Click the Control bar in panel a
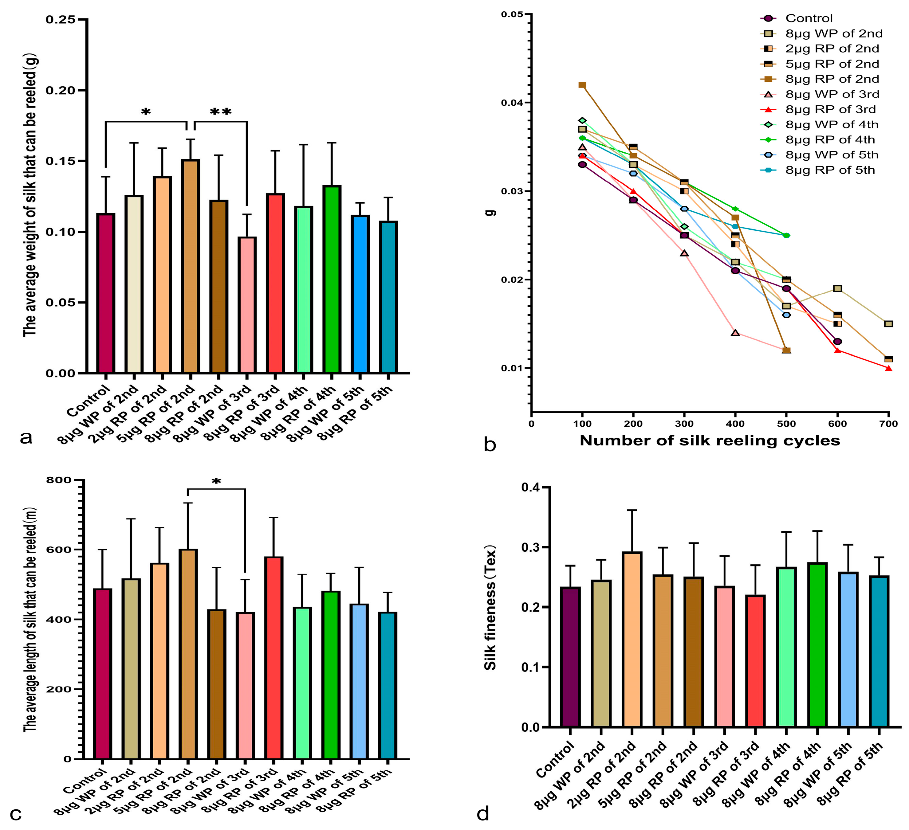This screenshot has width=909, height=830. coord(105,293)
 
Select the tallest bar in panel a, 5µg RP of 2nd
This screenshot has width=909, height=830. coord(190,266)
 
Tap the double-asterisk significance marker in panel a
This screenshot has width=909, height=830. coord(220,111)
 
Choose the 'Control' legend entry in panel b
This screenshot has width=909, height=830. coord(809,18)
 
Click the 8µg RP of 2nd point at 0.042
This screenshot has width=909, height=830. coord(582,85)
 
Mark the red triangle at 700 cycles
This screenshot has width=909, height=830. coord(888,368)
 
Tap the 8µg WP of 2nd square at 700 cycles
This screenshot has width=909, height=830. coord(888,323)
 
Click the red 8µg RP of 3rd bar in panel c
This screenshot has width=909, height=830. coord(274,658)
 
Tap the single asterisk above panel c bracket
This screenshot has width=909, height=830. coord(216,482)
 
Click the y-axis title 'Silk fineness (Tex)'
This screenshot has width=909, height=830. coord(490,608)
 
